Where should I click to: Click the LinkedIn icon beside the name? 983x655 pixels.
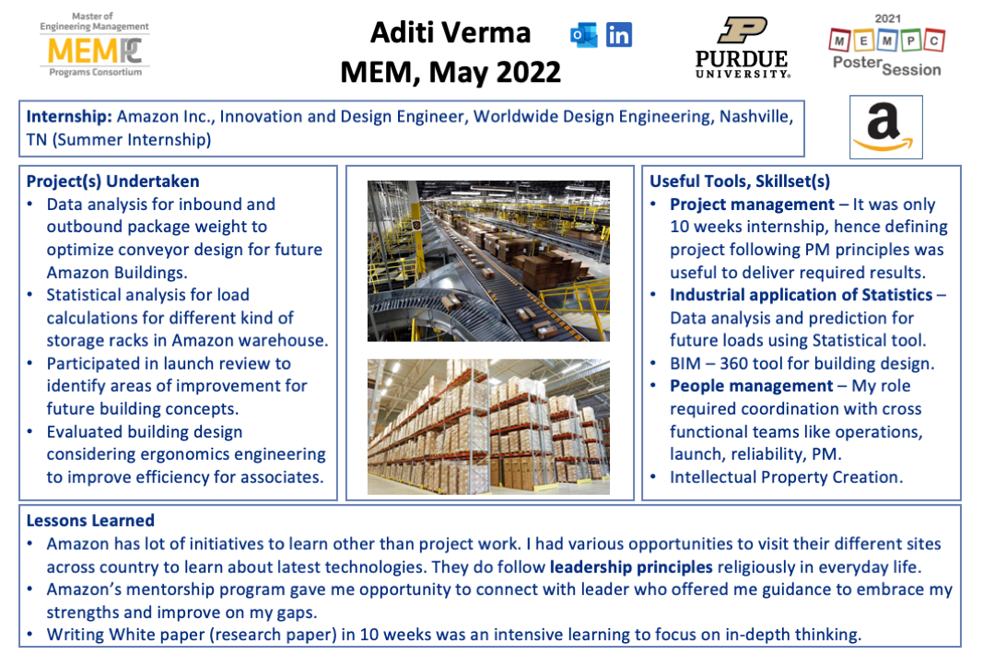click(x=619, y=35)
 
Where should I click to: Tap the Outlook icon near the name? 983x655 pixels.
click(x=584, y=35)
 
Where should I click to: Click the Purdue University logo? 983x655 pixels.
click(x=743, y=48)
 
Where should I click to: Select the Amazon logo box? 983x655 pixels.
click(x=886, y=127)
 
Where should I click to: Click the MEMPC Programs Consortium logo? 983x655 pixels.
click(x=95, y=44)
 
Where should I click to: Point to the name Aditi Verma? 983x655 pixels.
click(x=451, y=32)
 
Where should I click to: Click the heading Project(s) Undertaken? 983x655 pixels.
click(x=112, y=181)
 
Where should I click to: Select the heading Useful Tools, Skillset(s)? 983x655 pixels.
click(x=740, y=181)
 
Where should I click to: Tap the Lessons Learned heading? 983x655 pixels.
click(x=90, y=520)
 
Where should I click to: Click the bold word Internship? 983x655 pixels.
click(x=69, y=117)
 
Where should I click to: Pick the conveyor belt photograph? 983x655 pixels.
click(x=488, y=261)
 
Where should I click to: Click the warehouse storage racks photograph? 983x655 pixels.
click(x=488, y=427)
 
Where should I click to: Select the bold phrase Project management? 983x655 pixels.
click(x=753, y=205)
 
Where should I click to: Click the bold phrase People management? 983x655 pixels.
click(x=752, y=385)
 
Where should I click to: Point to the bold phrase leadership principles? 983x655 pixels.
click(x=631, y=567)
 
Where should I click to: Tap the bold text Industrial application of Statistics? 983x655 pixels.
click(x=802, y=295)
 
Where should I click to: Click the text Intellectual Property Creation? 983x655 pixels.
click(x=786, y=477)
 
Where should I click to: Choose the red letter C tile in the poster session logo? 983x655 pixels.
click(x=934, y=41)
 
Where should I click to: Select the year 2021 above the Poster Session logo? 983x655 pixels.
click(x=888, y=18)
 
